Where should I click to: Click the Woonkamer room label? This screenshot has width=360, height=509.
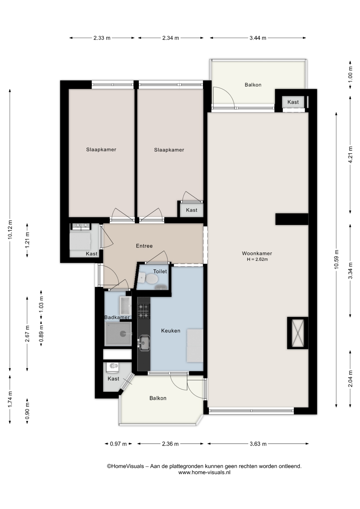click(x=257, y=253)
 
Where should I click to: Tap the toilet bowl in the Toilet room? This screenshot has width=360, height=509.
click(x=152, y=279)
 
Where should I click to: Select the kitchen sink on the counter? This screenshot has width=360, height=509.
click(x=144, y=343)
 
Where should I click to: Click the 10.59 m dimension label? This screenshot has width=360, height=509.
click(x=336, y=259)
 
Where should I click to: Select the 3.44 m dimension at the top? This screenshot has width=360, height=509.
click(x=258, y=38)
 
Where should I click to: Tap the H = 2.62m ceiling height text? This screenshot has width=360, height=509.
click(x=257, y=260)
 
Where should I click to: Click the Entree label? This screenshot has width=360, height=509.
click(x=144, y=246)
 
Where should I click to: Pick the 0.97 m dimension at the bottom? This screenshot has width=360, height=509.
click(x=118, y=444)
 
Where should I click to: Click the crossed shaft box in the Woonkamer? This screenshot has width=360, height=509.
click(x=298, y=333)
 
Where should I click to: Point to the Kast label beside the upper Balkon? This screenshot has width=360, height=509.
click(x=293, y=102)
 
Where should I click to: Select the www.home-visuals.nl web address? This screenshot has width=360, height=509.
click(x=204, y=472)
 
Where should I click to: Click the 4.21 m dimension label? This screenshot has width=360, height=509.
click(x=350, y=155)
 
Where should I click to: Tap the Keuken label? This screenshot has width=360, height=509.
click(x=171, y=331)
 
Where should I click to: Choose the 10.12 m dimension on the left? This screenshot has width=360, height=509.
click(x=10, y=230)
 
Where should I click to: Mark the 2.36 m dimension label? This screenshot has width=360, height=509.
click(x=170, y=444)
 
